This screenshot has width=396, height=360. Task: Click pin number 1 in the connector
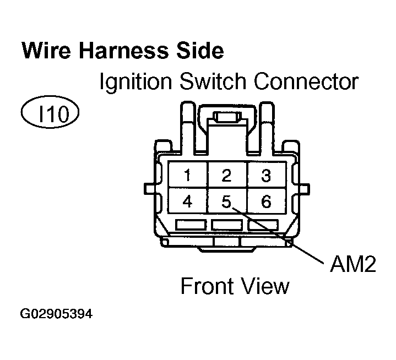coord(188,176)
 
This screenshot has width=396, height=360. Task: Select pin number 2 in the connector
coord(226,176)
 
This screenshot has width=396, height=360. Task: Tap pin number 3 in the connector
coord(266,176)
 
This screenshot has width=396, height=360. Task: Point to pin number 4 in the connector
coord(188,202)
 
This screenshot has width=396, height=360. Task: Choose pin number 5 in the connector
coord(226,202)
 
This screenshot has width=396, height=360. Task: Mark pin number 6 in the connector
coord(266,202)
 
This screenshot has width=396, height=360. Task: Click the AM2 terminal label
coord(352,266)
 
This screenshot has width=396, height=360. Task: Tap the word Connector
coord(306,82)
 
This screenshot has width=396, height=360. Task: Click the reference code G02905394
coord(56,315)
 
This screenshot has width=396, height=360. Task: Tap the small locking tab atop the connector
coord(226,118)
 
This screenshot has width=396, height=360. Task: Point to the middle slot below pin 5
coord(226,225)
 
